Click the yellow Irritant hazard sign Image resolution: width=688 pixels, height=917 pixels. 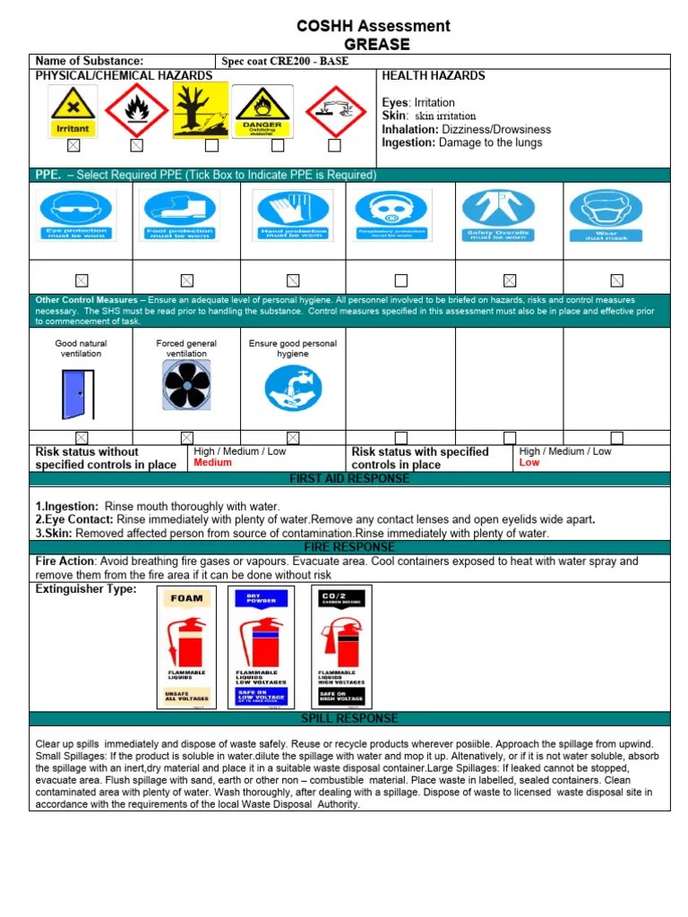point(73,110)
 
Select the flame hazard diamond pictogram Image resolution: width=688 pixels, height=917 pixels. point(136,110)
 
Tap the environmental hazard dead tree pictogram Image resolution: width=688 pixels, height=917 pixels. point(201,110)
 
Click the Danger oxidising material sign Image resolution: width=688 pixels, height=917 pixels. point(262,111)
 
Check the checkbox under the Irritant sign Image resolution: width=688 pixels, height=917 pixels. point(73,145)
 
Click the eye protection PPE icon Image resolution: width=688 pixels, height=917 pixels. point(76,216)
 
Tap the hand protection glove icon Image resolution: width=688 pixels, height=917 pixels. point(293,216)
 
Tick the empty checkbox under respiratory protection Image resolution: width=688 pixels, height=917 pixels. point(400,280)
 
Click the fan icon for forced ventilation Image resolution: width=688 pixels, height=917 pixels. point(186,386)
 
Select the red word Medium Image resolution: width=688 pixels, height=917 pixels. point(212,463)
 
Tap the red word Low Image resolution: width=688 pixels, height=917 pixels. point(529,463)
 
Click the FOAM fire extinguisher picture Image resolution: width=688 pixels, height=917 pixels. point(188,647)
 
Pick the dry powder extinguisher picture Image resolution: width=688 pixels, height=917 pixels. point(260,647)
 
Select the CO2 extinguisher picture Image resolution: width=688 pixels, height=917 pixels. point(341,647)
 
